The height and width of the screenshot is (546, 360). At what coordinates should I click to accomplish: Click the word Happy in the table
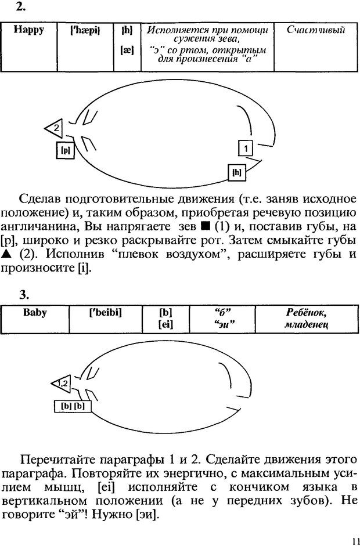[28, 30]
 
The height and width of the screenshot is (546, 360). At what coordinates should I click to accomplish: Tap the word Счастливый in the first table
[316, 30]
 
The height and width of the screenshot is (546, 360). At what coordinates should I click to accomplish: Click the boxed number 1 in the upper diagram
[246, 149]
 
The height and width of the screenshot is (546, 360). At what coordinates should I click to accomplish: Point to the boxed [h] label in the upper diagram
[236, 172]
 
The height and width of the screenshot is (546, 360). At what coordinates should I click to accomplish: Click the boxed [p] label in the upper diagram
[66, 150]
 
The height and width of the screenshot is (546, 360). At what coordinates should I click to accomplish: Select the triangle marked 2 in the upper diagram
[54, 126]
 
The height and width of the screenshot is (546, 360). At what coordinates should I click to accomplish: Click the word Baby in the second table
[35, 313]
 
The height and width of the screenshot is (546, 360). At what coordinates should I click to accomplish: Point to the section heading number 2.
[21, 8]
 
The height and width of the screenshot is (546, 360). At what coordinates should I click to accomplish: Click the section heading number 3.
[23, 295]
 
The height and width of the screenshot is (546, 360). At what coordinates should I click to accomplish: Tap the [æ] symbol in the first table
[126, 50]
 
